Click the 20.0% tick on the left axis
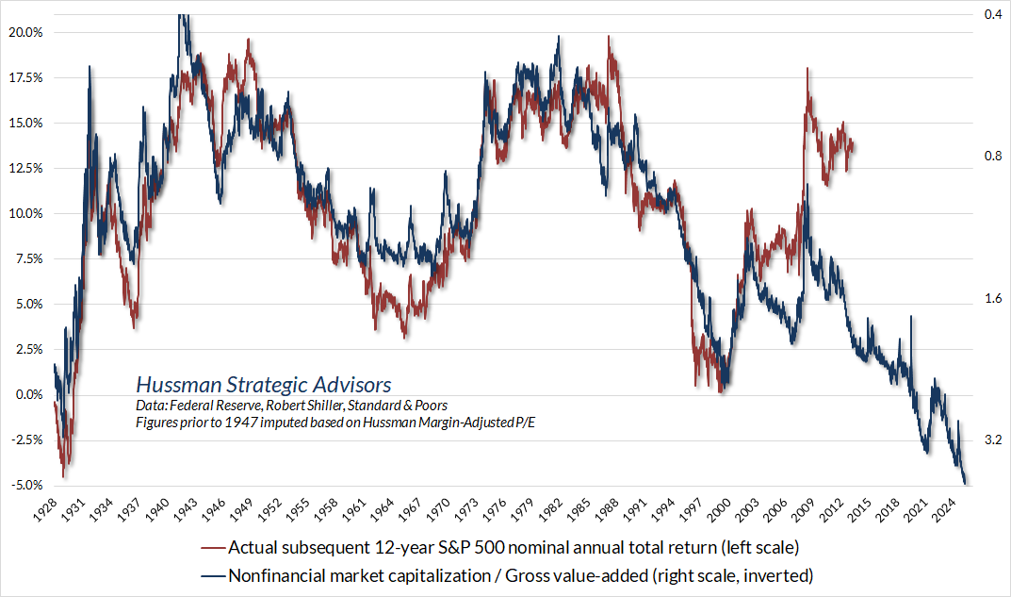point(25,32)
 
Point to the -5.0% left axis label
point(25,485)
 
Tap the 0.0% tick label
point(28,394)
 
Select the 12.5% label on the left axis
point(25,168)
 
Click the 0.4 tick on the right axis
point(991,15)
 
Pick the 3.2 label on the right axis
point(991,439)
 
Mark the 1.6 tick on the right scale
point(991,299)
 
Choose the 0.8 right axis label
point(991,157)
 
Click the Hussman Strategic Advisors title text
point(263,385)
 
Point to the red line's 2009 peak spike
point(807,71)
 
